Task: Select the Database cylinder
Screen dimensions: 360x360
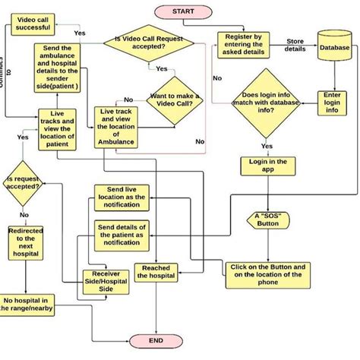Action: coord(334,48)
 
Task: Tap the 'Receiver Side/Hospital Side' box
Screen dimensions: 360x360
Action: coord(103,280)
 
